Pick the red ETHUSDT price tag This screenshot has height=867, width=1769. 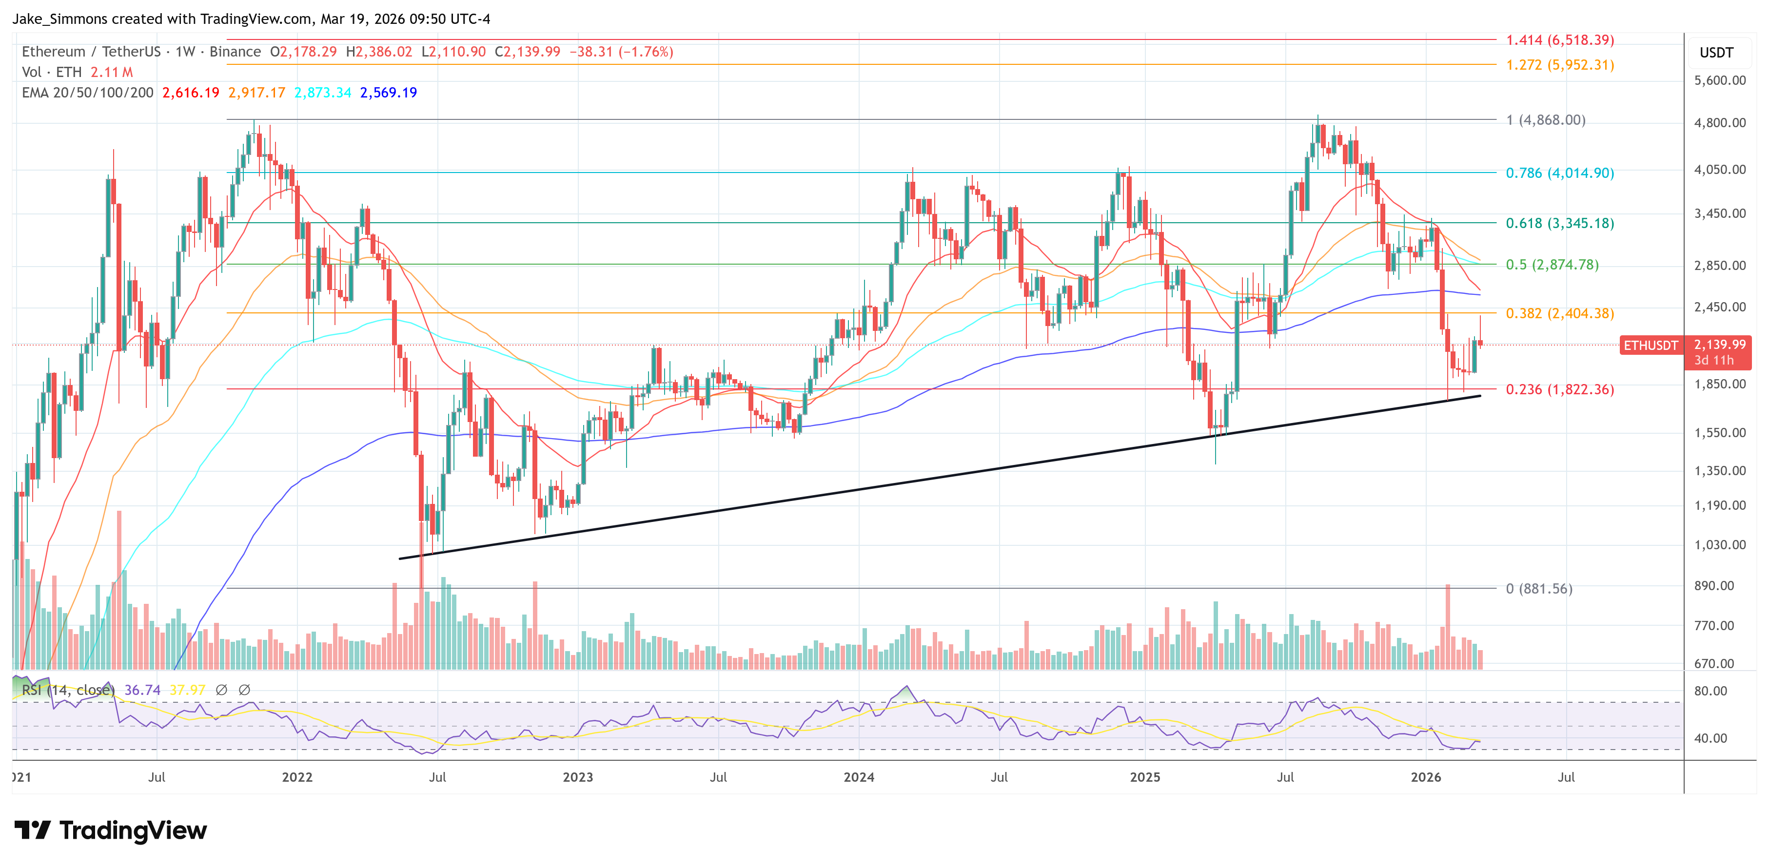pyautogui.click(x=1650, y=346)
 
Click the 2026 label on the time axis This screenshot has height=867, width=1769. pyautogui.click(x=1426, y=777)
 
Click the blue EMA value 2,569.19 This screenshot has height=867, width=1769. pyautogui.click(x=388, y=93)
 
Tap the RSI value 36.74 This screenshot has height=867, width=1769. pyautogui.click(x=142, y=690)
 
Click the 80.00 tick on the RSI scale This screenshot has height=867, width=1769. pyautogui.click(x=1710, y=691)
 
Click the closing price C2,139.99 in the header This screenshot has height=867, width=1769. pyautogui.click(x=527, y=52)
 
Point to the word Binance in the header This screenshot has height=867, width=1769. pyautogui.click(x=235, y=52)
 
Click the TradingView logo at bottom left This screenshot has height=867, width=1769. pyautogui.click(x=111, y=830)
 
